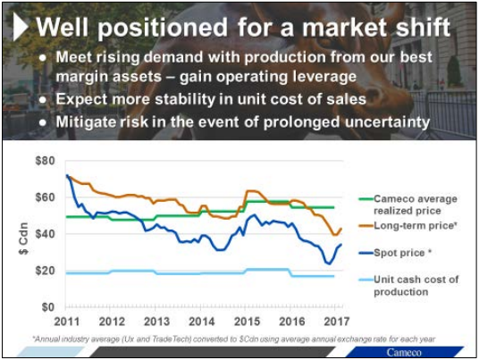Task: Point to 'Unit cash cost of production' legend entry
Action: point(416,285)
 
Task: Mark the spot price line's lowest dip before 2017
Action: point(328,264)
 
